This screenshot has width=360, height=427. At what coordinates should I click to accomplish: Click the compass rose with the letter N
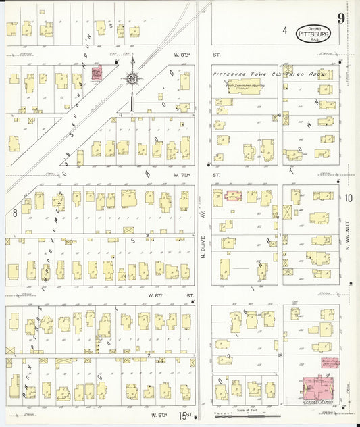(x=132, y=79)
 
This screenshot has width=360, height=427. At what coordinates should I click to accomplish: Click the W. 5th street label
(x=159, y=414)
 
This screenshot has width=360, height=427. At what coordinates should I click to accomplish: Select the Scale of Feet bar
(x=247, y=413)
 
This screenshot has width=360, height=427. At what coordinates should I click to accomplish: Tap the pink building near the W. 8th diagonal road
(x=97, y=74)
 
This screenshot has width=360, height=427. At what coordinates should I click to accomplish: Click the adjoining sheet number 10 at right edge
(x=348, y=198)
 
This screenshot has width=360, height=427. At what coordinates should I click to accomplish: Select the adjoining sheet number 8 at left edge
(x=14, y=213)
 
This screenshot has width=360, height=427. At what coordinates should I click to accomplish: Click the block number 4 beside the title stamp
(x=284, y=30)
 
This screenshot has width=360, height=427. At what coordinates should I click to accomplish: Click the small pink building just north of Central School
(x=330, y=362)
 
